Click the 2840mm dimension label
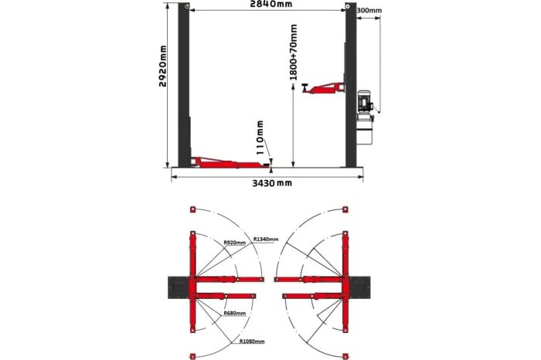pos(270,4)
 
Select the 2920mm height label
pos(162,66)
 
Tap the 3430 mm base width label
pos(272,183)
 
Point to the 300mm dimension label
pos(369,10)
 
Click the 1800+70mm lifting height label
pos(293,52)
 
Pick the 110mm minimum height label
pos(260,138)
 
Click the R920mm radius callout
pos(235,243)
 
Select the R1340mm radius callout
pos(266,239)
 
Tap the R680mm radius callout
pos(235,313)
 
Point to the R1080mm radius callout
pos(252,341)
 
